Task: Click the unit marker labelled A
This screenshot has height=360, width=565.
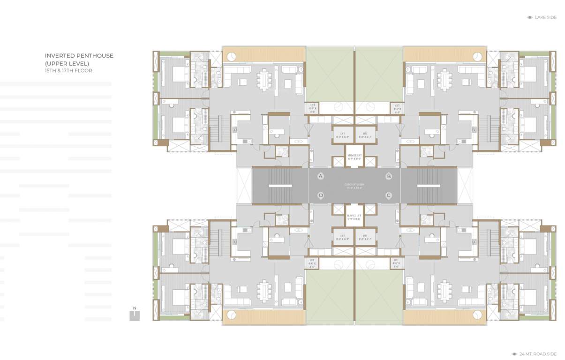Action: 321,176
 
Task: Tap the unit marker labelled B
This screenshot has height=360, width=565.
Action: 388,176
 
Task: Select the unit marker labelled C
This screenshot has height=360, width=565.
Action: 388,195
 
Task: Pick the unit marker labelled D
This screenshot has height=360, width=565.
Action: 321,195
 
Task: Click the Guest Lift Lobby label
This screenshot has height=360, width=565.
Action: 354,186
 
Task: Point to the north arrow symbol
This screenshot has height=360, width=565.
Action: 135,314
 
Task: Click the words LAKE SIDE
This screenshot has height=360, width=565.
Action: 546,17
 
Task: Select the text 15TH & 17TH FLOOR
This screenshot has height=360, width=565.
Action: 68,71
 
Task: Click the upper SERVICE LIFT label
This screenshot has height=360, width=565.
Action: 354,157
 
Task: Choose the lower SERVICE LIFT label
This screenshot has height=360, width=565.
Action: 354,217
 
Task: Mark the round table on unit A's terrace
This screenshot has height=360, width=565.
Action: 231,56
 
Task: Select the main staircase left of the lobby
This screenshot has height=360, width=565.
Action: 280,186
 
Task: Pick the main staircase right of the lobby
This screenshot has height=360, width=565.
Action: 429,186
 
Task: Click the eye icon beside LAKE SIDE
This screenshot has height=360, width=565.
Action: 529,17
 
